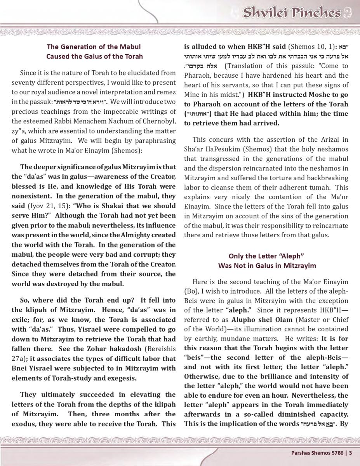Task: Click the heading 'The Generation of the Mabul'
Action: pos(94,47)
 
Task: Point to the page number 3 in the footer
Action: pos(350,452)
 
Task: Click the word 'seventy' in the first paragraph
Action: pos(23,83)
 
